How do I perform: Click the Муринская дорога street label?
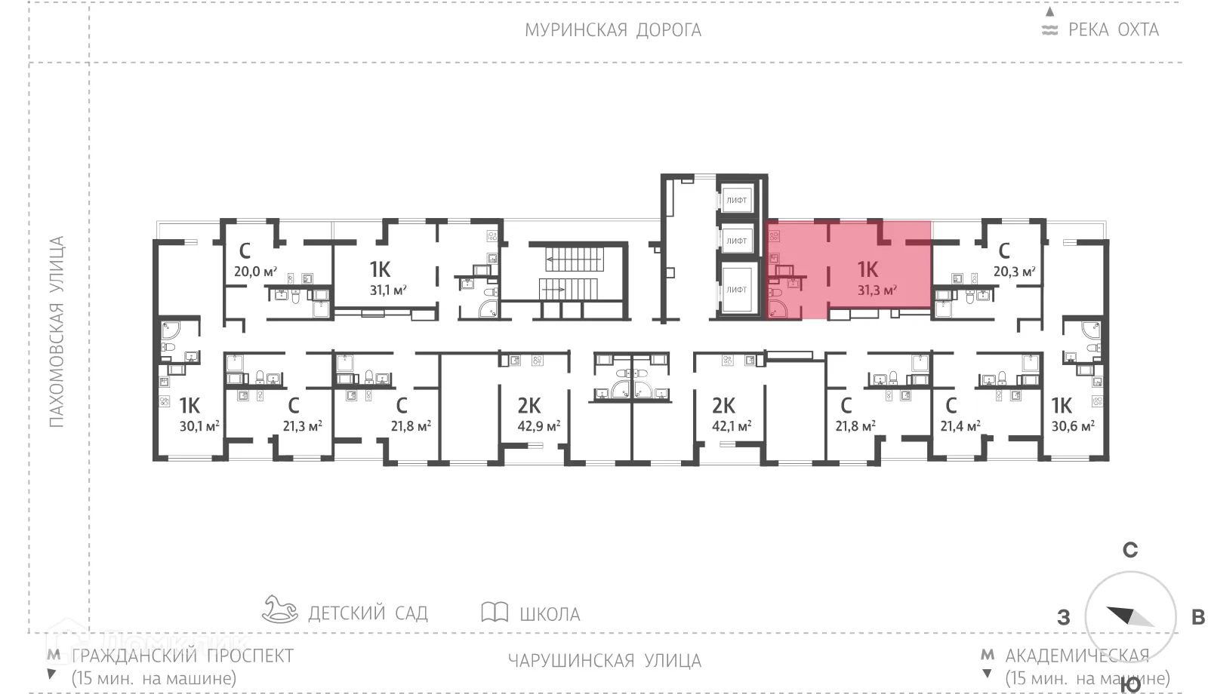613,30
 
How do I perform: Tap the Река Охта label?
1113,30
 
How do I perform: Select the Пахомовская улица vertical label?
57,332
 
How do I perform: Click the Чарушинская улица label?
604,661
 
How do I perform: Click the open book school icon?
495,612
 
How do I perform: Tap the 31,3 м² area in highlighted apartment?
877,290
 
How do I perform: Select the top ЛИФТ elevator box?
736,200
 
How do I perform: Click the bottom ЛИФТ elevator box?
736,289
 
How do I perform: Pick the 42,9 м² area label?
538,426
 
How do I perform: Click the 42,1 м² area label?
732,426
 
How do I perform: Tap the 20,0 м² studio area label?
255,272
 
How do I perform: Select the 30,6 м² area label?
1073,426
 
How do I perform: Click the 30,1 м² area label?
199,426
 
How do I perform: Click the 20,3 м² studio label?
1014,272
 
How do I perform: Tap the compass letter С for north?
1130,550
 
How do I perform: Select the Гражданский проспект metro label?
182,656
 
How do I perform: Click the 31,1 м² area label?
388,290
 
